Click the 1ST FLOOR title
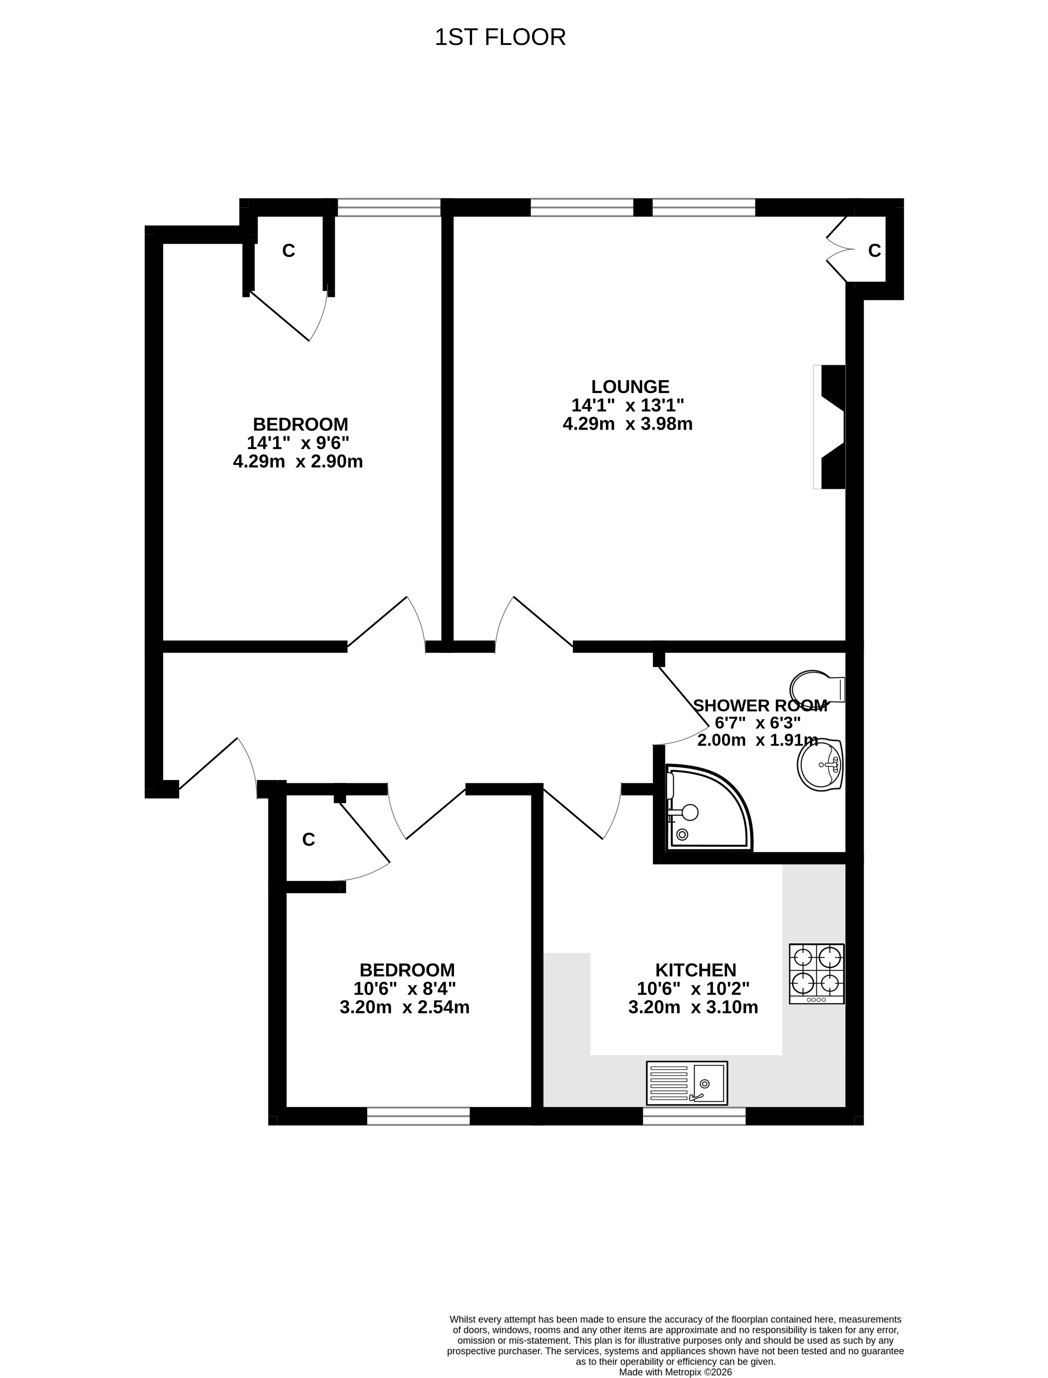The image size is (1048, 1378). pos(500,37)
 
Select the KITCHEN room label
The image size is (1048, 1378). pos(696,970)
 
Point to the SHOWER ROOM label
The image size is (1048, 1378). pos(760,706)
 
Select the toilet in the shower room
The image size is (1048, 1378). pos(817,688)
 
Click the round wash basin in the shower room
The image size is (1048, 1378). pos(820,764)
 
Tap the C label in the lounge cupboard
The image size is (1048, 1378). pos(875,251)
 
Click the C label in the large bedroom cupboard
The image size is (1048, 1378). pos(288,251)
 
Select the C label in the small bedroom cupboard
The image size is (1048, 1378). pos(308,840)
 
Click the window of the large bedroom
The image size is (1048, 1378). pos(389,208)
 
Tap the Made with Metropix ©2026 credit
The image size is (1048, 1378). pos(675,1372)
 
